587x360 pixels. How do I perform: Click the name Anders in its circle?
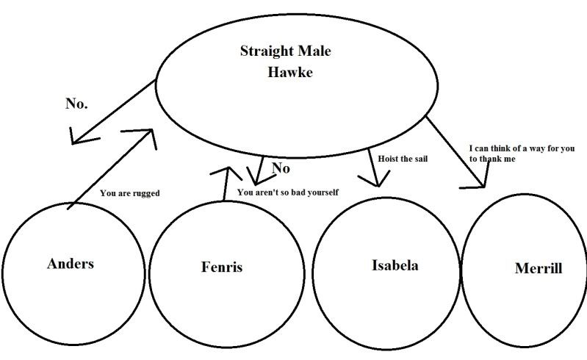coord(71,264)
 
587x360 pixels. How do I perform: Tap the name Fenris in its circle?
coord(221,267)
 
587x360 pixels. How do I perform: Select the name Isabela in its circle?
coord(395,265)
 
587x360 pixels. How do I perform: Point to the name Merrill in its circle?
coord(539,269)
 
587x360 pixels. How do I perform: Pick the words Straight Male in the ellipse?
coord(286,51)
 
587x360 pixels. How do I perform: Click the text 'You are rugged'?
coord(129,194)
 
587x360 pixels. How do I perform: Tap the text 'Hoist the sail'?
coord(402,159)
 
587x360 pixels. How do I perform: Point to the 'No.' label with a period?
coord(76,104)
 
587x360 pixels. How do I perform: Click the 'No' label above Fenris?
coord(281,169)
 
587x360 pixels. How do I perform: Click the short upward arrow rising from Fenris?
coord(223,181)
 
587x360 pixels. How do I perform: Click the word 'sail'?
coord(419,159)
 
